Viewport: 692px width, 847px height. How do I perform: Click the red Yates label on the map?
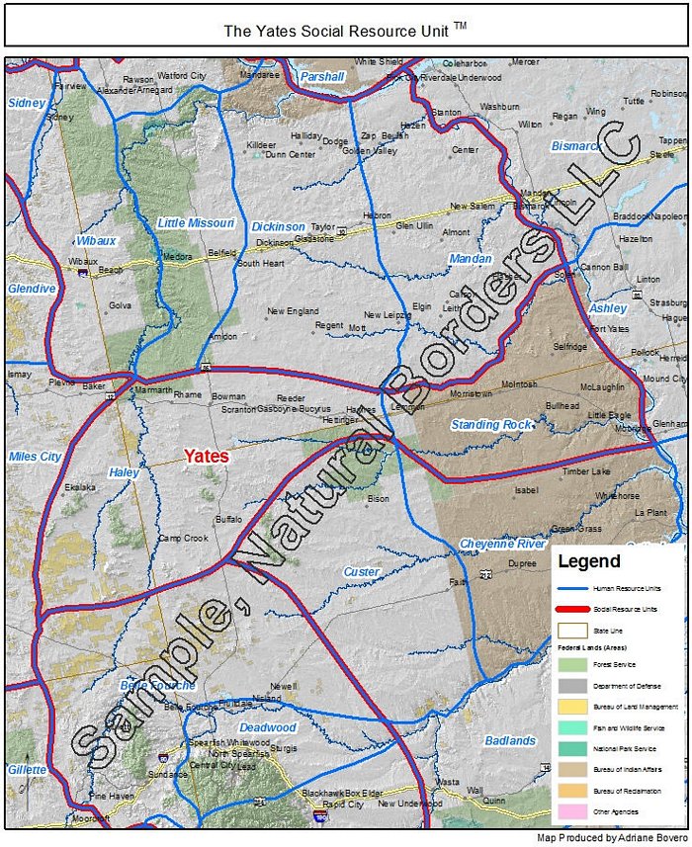tap(207, 457)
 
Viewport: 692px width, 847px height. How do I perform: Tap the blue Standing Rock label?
tap(491, 425)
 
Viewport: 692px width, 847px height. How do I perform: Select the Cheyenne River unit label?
tap(502, 545)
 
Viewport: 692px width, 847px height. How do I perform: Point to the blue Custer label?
tap(361, 572)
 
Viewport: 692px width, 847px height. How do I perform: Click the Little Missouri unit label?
tap(196, 223)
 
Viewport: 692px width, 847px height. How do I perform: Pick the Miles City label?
tap(35, 457)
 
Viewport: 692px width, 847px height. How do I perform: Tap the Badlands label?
tap(510, 740)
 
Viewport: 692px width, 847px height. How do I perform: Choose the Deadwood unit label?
tap(268, 727)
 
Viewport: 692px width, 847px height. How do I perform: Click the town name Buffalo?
tap(228, 518)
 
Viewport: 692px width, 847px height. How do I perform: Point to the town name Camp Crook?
tap(183, 539)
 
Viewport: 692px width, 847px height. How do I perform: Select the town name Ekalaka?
tap(80, 487)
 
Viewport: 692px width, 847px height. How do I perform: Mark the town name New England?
tap(293, 311)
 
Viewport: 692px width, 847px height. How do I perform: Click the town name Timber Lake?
tap(587, 472)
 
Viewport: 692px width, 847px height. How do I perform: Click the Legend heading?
tap(589, 561)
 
